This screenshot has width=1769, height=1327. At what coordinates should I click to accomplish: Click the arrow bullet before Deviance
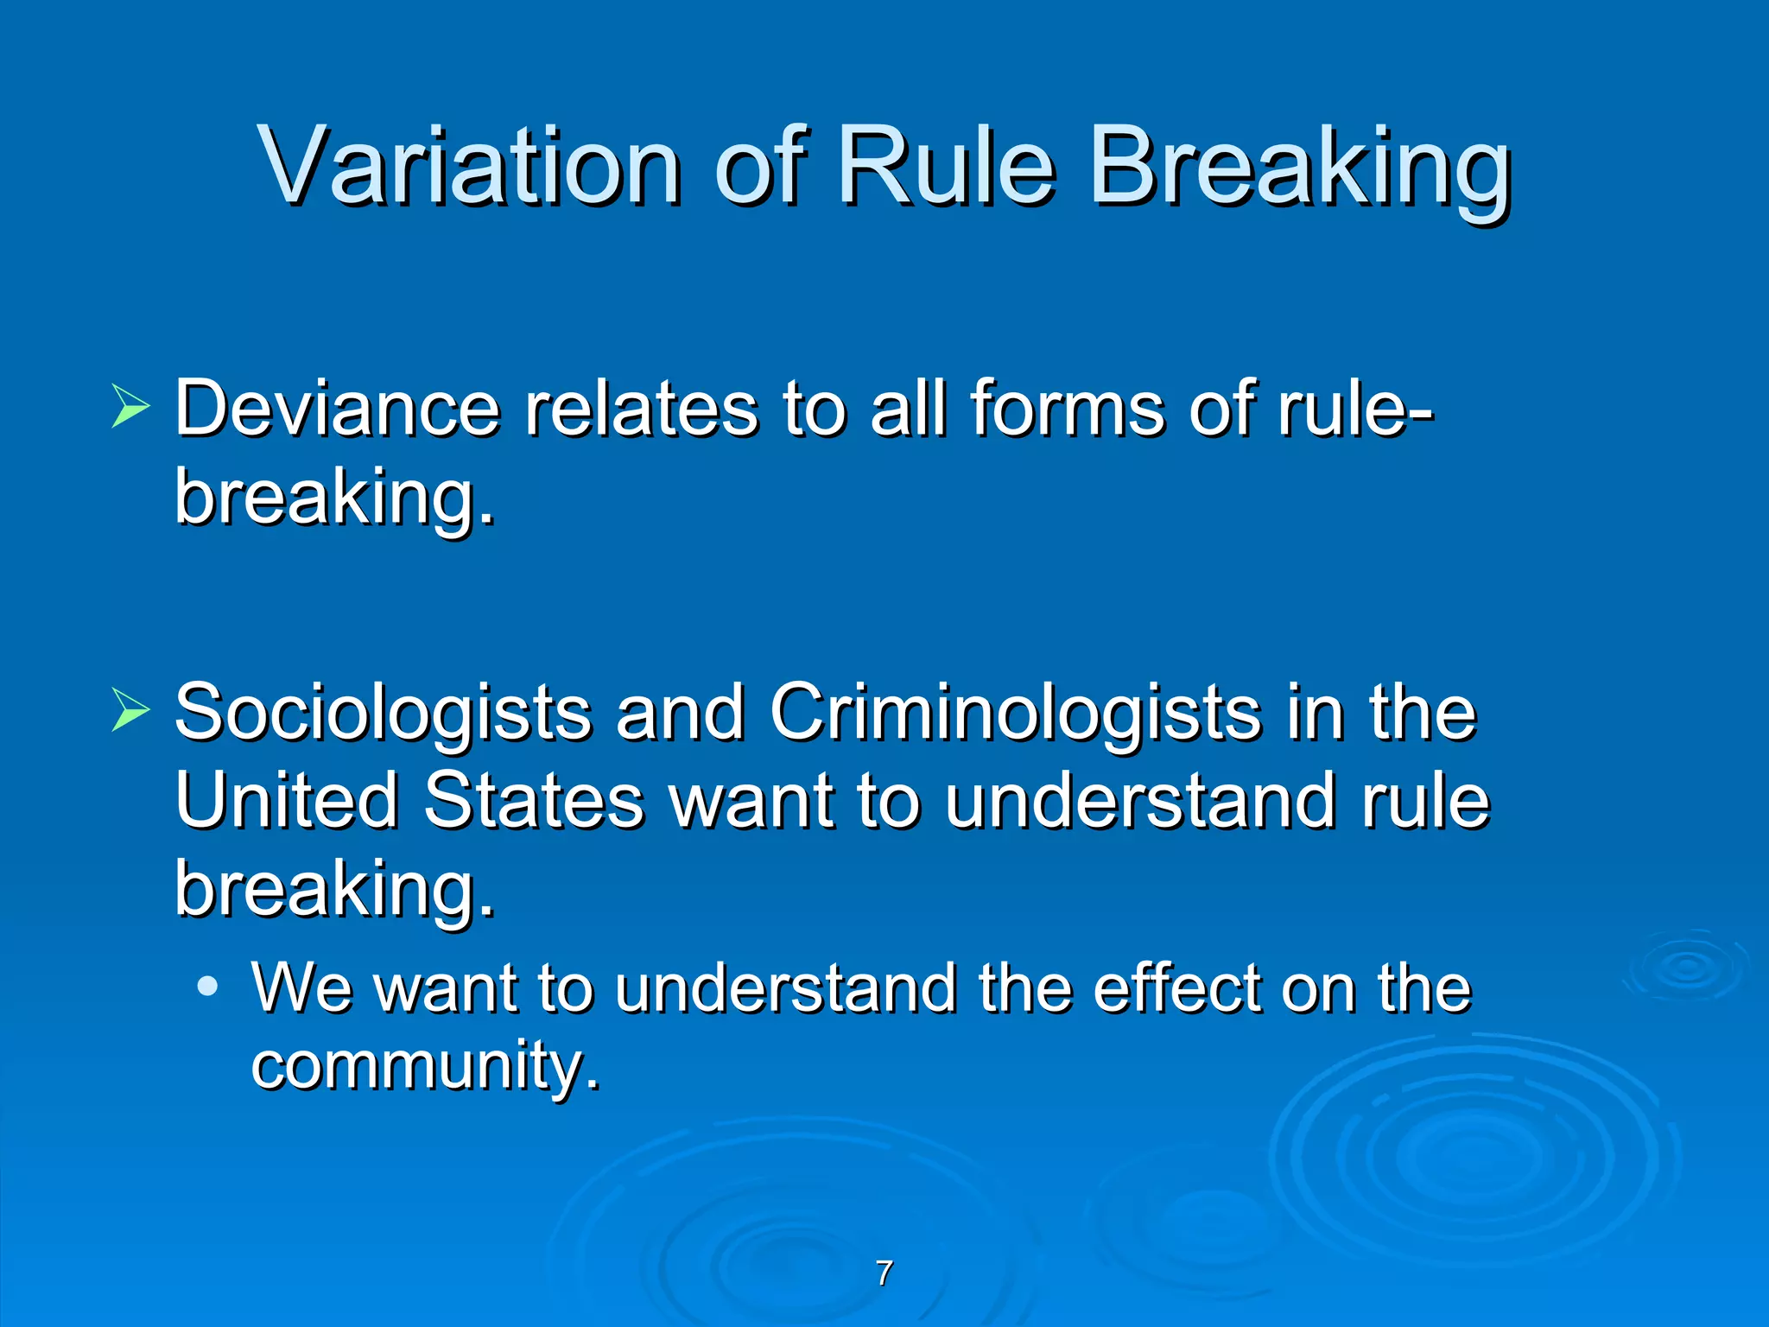point(130,407)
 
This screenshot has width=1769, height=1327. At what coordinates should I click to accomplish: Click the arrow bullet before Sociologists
point(130,712)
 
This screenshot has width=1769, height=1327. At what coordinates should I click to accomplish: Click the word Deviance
point(337,409)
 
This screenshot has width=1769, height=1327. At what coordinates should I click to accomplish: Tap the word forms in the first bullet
point(1068,409)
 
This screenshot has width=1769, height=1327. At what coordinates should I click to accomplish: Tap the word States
point(533,800)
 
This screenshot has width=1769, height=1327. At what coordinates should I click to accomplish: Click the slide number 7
point(884,1273)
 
